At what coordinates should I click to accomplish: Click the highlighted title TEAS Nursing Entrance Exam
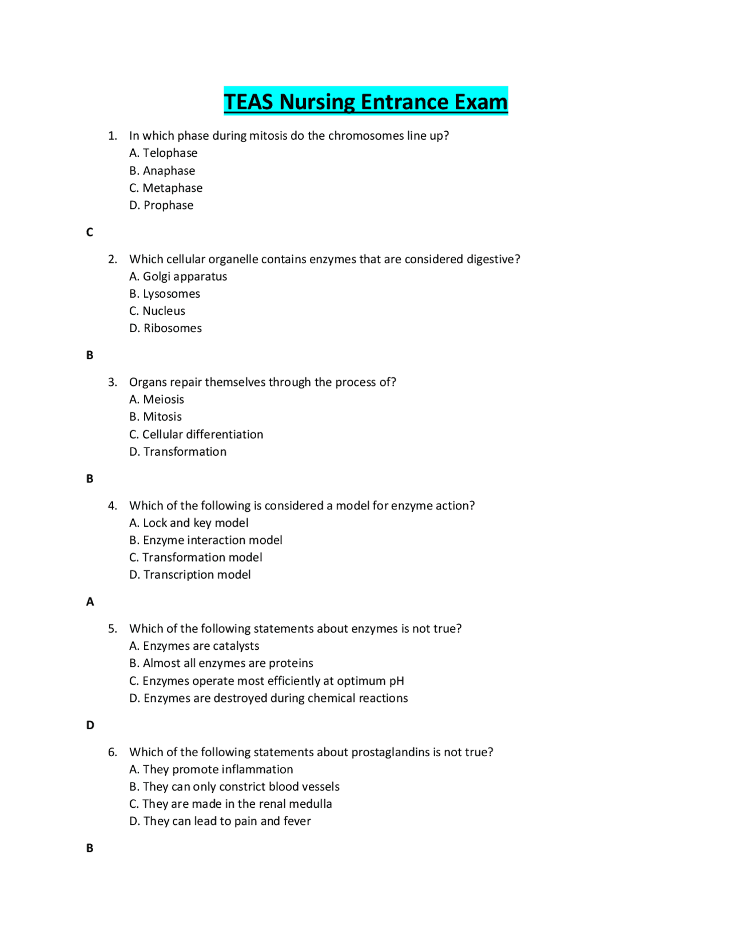pyautogui.click(x=365, y=101)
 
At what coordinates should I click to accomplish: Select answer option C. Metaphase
pyautogui.click(x=166, y=188)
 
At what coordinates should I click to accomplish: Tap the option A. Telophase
pyautogui.click(x=164, y=153)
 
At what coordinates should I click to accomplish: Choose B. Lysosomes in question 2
pyautogui.click(x=165, y=294)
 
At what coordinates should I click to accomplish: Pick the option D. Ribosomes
pyautogui.click(x=165, y=328)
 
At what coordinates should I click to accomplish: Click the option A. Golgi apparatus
pyautogui.click(x=178, y=276)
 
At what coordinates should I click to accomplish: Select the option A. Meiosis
pyautogui.click(x=157, y=400)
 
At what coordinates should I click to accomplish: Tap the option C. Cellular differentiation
pyautogui.click(x=196, y=434)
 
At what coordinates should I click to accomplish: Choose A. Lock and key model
pyautogui.click(x=189, y=523)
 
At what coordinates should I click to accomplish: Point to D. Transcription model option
pyautogui.click(x=190, y=575)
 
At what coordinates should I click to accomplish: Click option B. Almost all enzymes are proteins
pyautogui.click(x=221, y=663)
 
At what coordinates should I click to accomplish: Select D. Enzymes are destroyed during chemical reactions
pyautogui.click(x=269, y=698)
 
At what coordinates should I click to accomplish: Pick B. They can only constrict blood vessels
pyautogui.click(x=234, y=787)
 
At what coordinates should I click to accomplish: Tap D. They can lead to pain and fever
pyautogui.click(x=220, y=821)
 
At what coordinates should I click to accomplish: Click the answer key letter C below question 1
pyautogui.click(x=90, y=232)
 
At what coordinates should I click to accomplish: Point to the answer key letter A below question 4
pyautogui.click(x=90, y=602)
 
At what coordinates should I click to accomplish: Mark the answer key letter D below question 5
pyautogui.click(x=90, y=725)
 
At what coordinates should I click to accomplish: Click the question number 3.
pyautogui.click(x=112, y=382)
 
